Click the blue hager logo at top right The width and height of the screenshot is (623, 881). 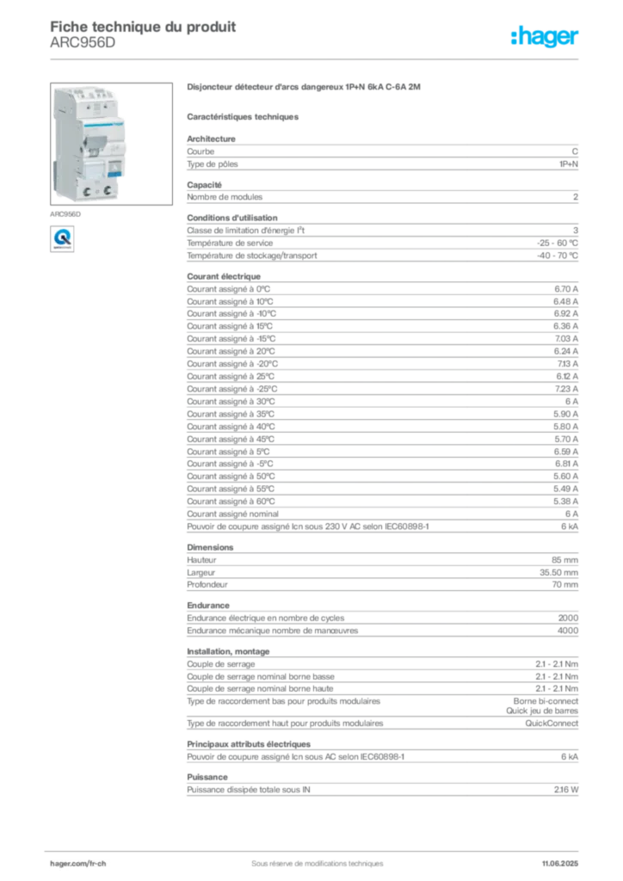546,37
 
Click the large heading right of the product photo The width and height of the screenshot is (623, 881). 306,87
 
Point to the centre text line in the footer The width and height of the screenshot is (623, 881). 310,858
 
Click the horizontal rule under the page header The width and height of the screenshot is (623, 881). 317,58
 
